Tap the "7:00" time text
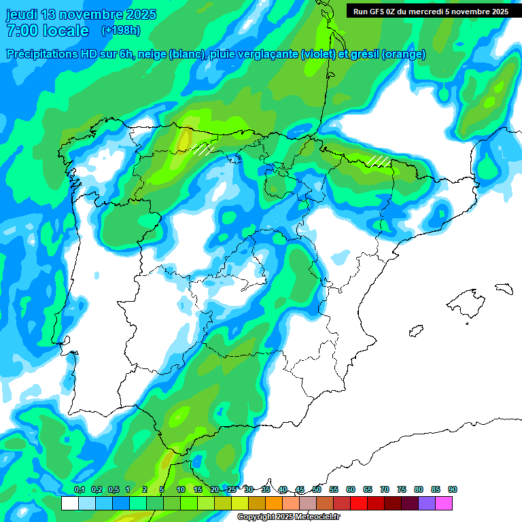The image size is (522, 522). point(20,31)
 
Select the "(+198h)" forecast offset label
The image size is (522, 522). point(120,31)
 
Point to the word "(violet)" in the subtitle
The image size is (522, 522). point(318,54)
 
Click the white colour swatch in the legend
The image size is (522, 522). point(69,504)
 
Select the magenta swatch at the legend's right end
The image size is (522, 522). point(444,504)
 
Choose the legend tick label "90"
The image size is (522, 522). point(453,490)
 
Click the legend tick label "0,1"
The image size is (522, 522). point(80,490)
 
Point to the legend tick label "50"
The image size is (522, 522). point(317,490)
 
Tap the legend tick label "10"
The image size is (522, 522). point(181,490)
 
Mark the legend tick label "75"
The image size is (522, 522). point(402,490)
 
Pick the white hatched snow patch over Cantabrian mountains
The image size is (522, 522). point(203,148)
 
